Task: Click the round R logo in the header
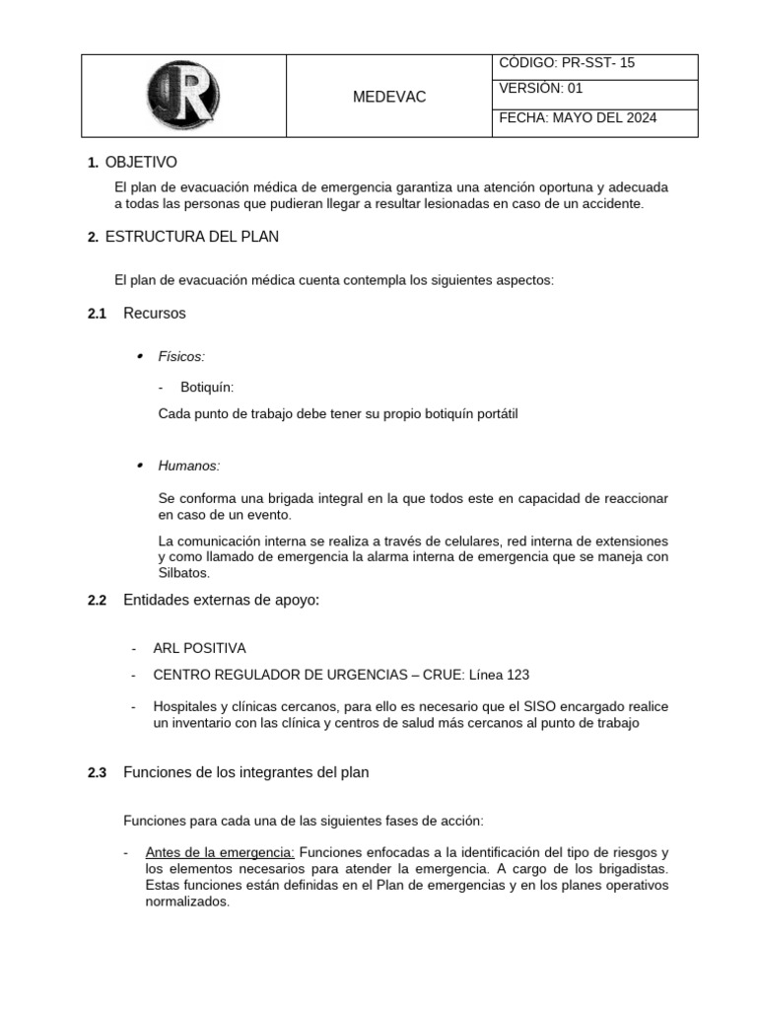pos(182,96)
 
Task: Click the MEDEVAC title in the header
pos(389,97)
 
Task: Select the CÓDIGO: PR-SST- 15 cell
pos(567,63)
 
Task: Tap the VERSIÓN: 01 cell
pos(541,88)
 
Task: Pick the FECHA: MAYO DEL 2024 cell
pos(578,118)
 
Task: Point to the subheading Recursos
pos(154,314)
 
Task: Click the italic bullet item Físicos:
pos(181,356)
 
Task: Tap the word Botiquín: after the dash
pos(207,388)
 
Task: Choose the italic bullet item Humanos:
pos(189,465)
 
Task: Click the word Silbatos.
pos(184,573)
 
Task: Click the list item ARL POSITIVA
pos(199,648)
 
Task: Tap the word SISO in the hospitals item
pos(513,707)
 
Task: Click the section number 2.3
pos(97,773)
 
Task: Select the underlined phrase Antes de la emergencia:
pos(220,852)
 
